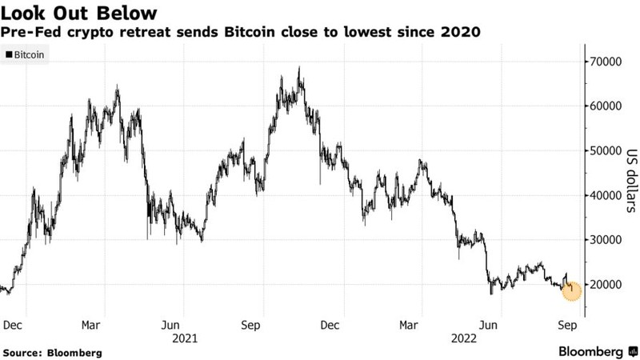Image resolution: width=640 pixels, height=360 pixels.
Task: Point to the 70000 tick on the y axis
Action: pos(607,62)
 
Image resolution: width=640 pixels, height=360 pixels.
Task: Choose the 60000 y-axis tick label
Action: pos(607,106)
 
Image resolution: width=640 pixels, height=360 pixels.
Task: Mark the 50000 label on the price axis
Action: pos(607,151)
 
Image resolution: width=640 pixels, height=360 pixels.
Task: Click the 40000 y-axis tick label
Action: pos(607,195)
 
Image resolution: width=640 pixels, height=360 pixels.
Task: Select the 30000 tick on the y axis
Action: pos(607,240)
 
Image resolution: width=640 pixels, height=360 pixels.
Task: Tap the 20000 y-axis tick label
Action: pos(607,285)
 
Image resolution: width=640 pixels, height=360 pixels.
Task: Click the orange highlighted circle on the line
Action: pos(571,290)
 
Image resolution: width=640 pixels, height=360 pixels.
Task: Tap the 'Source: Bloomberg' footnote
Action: pos(53,352)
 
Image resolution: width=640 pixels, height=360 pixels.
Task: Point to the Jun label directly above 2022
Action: pos(489,325)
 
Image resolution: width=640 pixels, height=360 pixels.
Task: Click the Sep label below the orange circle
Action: pos(566,325)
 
